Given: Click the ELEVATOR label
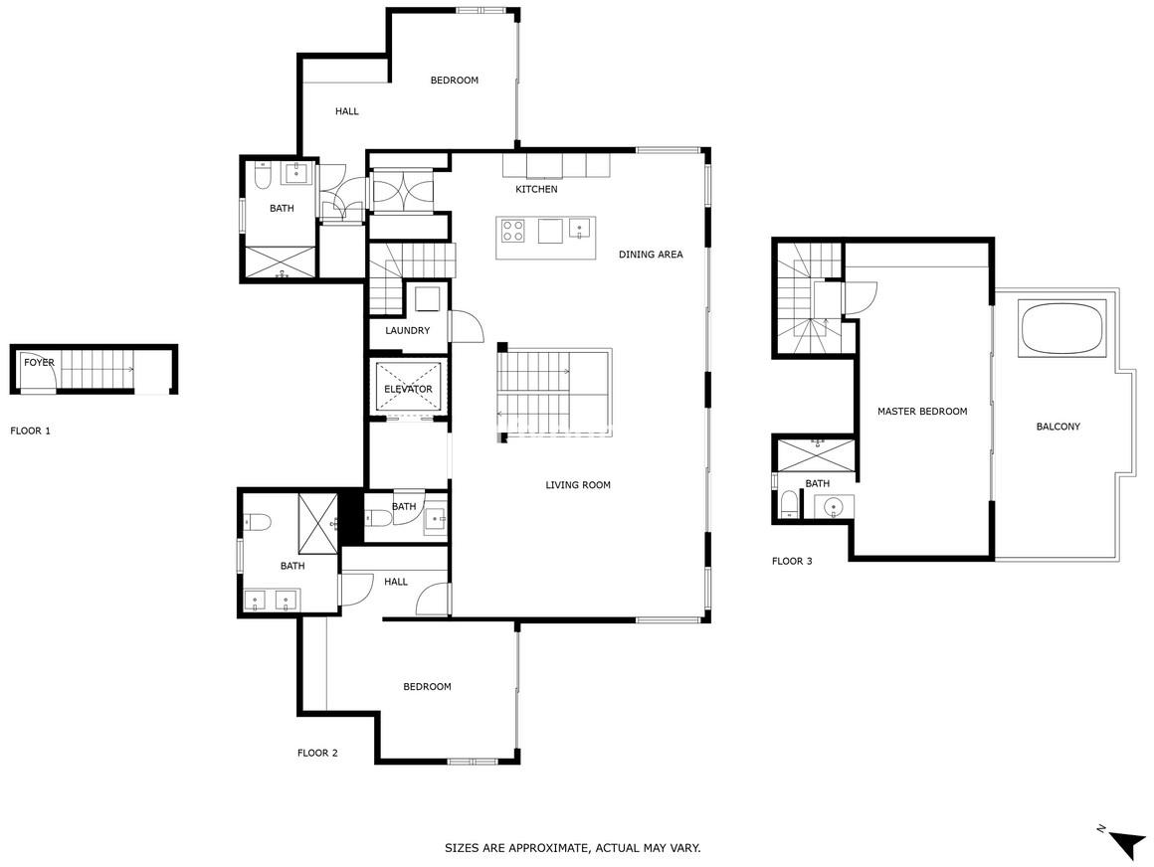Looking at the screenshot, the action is (x=409, y=389).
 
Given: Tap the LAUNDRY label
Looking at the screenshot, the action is (x=407, y=331).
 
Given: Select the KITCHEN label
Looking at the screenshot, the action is (x=536, y=190).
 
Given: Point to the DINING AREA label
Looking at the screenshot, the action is (x=651, y=255).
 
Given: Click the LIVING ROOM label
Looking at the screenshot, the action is (x=578, y=485).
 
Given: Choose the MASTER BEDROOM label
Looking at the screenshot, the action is (x=922, y=412).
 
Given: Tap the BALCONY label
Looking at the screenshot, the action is (x=1058, y=427).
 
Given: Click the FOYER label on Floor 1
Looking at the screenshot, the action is (x=39, y=363).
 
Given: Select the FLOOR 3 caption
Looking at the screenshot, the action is (x=792, y=561).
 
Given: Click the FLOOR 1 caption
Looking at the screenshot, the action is (x=30, y=431).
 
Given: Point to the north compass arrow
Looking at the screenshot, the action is (x=1125, y=843).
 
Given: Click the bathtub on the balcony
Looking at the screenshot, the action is (x=1062, y=328).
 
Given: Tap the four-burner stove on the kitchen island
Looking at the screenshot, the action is (x=513, y=231).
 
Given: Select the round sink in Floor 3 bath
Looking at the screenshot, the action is (x=834, y=507).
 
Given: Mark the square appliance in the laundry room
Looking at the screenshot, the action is (x=427, y=299).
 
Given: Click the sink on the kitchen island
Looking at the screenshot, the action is (x=580, y=229).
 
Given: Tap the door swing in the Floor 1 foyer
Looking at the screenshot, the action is (x=38, y=372).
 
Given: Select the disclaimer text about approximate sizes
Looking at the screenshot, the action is (x=573, y=848).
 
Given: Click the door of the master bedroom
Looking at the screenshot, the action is (x=860, y=299).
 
